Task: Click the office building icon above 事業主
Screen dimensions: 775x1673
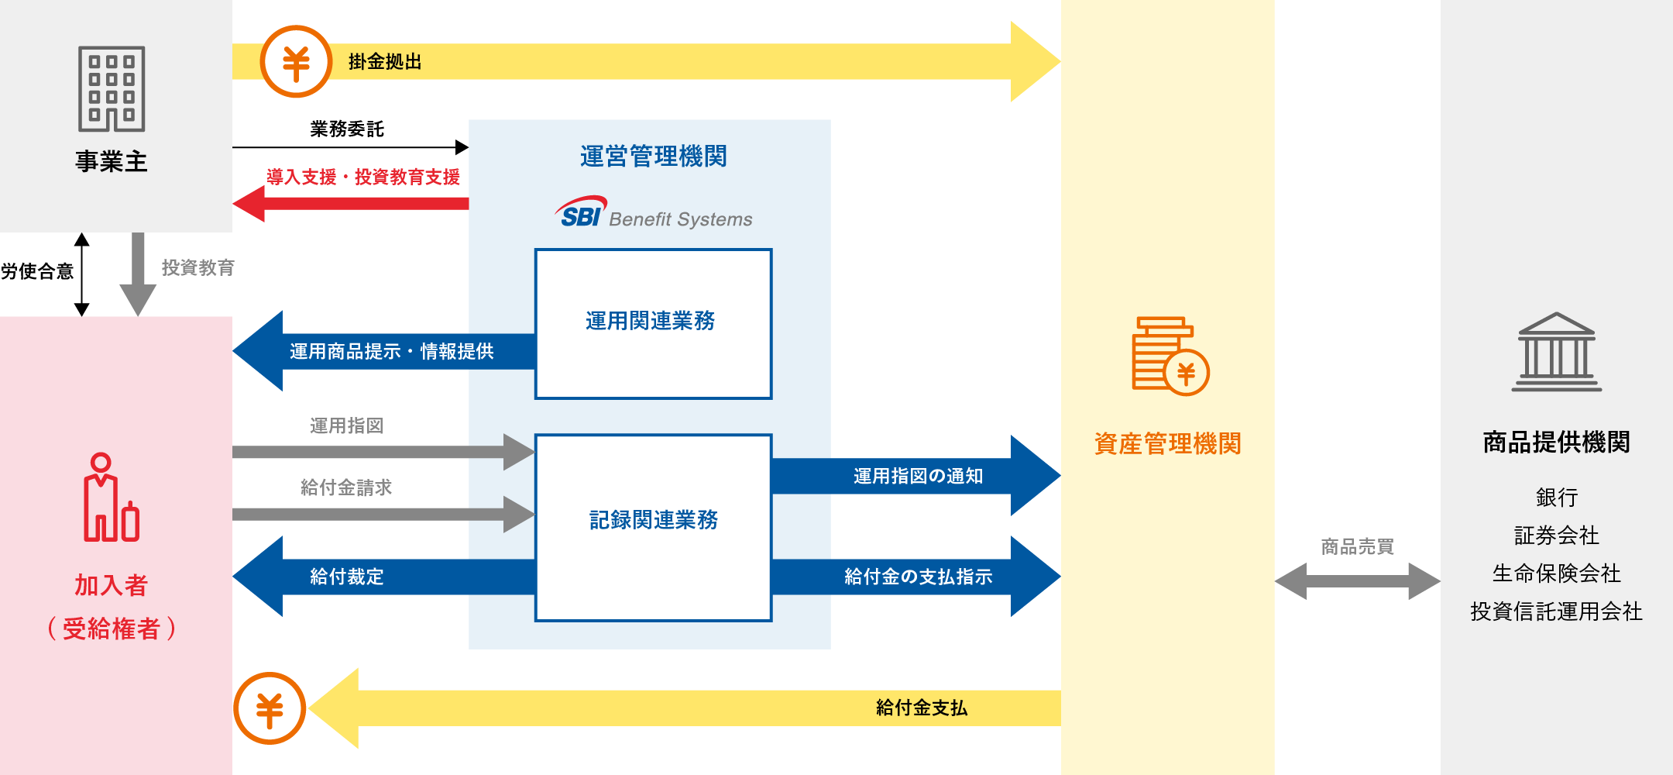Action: click(112, 89)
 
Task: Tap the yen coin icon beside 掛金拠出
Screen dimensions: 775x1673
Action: click(296, 62)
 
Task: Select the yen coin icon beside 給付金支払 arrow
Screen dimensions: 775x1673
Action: click(270, 708)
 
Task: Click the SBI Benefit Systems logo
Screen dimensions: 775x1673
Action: click(653, 213)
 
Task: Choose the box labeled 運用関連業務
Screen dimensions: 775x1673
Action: click(653, 323)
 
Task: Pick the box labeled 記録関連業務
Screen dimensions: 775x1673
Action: click(653, 527)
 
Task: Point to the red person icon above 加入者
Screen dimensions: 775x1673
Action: click(111, 498)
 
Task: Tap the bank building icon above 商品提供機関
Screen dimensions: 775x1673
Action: click(1556, 352)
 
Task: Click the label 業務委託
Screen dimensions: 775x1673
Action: click(347, 129)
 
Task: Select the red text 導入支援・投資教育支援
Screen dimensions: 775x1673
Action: click(363, 177)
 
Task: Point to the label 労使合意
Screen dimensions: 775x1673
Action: click(37, 271)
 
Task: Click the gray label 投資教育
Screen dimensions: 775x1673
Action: click(198, 267)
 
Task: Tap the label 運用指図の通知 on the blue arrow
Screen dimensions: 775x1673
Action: click(918, 476)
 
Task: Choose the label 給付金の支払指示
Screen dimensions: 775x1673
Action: click(918, 577)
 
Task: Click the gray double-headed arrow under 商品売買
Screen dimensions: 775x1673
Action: click(1357, 581)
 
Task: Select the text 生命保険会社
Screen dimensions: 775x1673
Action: click(1556, 573)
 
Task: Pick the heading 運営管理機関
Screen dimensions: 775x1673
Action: click(653, 157)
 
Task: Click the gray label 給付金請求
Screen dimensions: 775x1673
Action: click(346, 487)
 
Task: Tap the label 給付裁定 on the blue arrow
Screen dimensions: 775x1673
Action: click(346, 577)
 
